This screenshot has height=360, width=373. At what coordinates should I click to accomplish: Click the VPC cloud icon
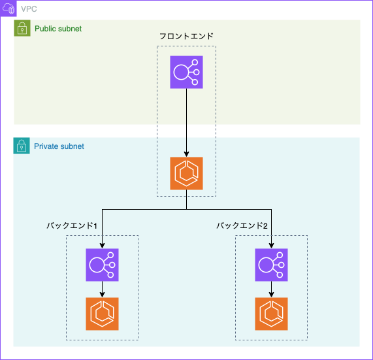[8, 8]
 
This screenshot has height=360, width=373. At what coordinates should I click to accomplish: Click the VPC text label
[29, 9]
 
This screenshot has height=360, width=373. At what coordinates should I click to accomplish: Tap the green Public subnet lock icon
[22, 28]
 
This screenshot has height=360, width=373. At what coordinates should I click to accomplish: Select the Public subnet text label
[58, 29]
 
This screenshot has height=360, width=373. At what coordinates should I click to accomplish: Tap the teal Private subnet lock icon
[22, 146]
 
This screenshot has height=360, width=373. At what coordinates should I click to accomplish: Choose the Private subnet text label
[59, 146]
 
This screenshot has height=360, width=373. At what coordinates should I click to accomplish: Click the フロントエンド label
[186, 36]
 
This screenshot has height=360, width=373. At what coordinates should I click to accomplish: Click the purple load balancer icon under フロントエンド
[187, 72]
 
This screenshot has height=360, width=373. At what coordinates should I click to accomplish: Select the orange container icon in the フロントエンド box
[187, 173]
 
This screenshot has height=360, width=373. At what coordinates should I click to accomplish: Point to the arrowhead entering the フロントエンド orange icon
[187, 154]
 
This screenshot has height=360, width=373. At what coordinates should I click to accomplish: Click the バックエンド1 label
[72, 225]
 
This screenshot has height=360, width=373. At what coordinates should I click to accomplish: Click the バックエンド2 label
[242, 225]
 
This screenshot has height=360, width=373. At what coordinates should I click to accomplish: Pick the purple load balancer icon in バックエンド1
[103, 265]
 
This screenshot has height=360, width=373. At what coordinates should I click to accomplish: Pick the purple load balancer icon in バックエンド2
[272, 265]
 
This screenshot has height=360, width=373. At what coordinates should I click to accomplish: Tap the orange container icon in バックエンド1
[103, 314]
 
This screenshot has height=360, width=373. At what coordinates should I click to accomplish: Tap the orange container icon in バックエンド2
[272, 314]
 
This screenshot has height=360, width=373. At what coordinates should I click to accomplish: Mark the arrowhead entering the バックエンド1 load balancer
[103, 246]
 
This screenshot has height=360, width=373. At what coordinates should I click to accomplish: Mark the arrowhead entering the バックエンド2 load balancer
[272, 246]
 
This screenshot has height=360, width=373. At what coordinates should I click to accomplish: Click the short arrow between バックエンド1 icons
[103, 289]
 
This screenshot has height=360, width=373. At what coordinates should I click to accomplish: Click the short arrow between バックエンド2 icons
[272, 289]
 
